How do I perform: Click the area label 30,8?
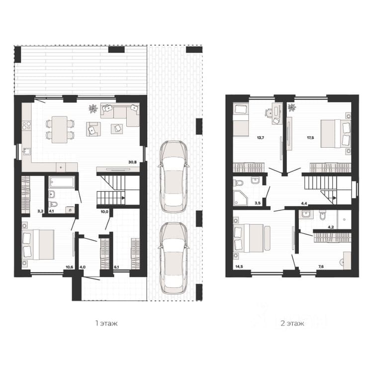132,162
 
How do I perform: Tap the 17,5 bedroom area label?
310,137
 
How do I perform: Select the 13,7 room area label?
261,137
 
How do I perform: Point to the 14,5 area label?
239,267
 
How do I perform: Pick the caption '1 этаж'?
106,324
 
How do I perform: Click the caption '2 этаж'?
292,324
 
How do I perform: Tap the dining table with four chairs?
60,130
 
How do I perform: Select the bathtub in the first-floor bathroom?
62,182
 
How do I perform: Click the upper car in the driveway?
174,177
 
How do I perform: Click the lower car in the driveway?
174,258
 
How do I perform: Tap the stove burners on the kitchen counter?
26,125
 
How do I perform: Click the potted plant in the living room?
93,108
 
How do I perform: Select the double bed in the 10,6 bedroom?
38,245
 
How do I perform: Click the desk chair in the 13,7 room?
269,112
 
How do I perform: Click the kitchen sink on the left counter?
27,151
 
